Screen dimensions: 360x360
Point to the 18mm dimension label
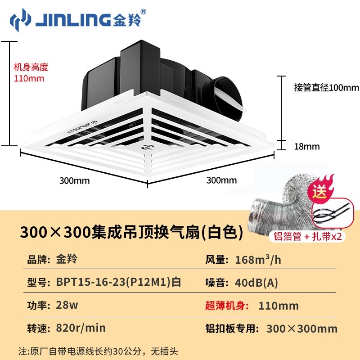click(x=306, y=146)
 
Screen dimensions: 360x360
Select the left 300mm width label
click(x=75, y=181)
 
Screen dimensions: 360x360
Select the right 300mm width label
click(x=221, y=180)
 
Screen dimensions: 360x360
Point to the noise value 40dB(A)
click(x=257, y=283)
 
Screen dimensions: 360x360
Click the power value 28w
click(x=67, y=305)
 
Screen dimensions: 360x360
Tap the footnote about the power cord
click(x=102, y=350)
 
